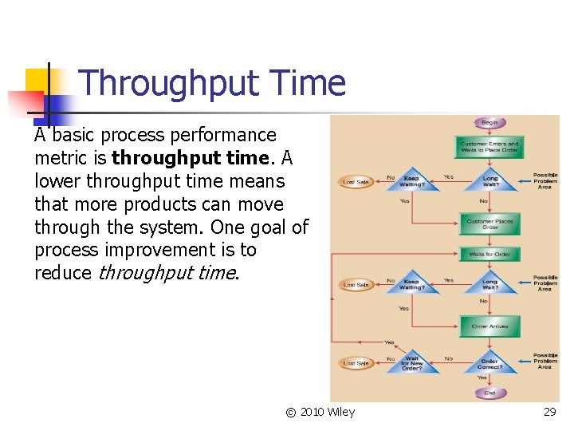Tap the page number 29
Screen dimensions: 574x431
pos(549,412)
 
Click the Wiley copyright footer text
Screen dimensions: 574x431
pos(320,412)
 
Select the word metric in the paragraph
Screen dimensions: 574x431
pos(59,158)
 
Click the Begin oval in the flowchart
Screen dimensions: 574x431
pos(489,122)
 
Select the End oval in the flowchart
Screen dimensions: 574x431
pos(489,393)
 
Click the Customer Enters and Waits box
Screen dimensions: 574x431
pos(489,147)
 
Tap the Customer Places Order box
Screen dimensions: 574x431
pos(489,223)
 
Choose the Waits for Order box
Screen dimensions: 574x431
pos(489,254)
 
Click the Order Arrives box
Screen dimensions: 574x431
pos(489,326)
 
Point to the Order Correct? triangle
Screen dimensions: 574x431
pos(489,363)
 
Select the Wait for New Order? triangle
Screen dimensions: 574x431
pos(412,363)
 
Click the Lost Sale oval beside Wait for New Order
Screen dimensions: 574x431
pos(356,363)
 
